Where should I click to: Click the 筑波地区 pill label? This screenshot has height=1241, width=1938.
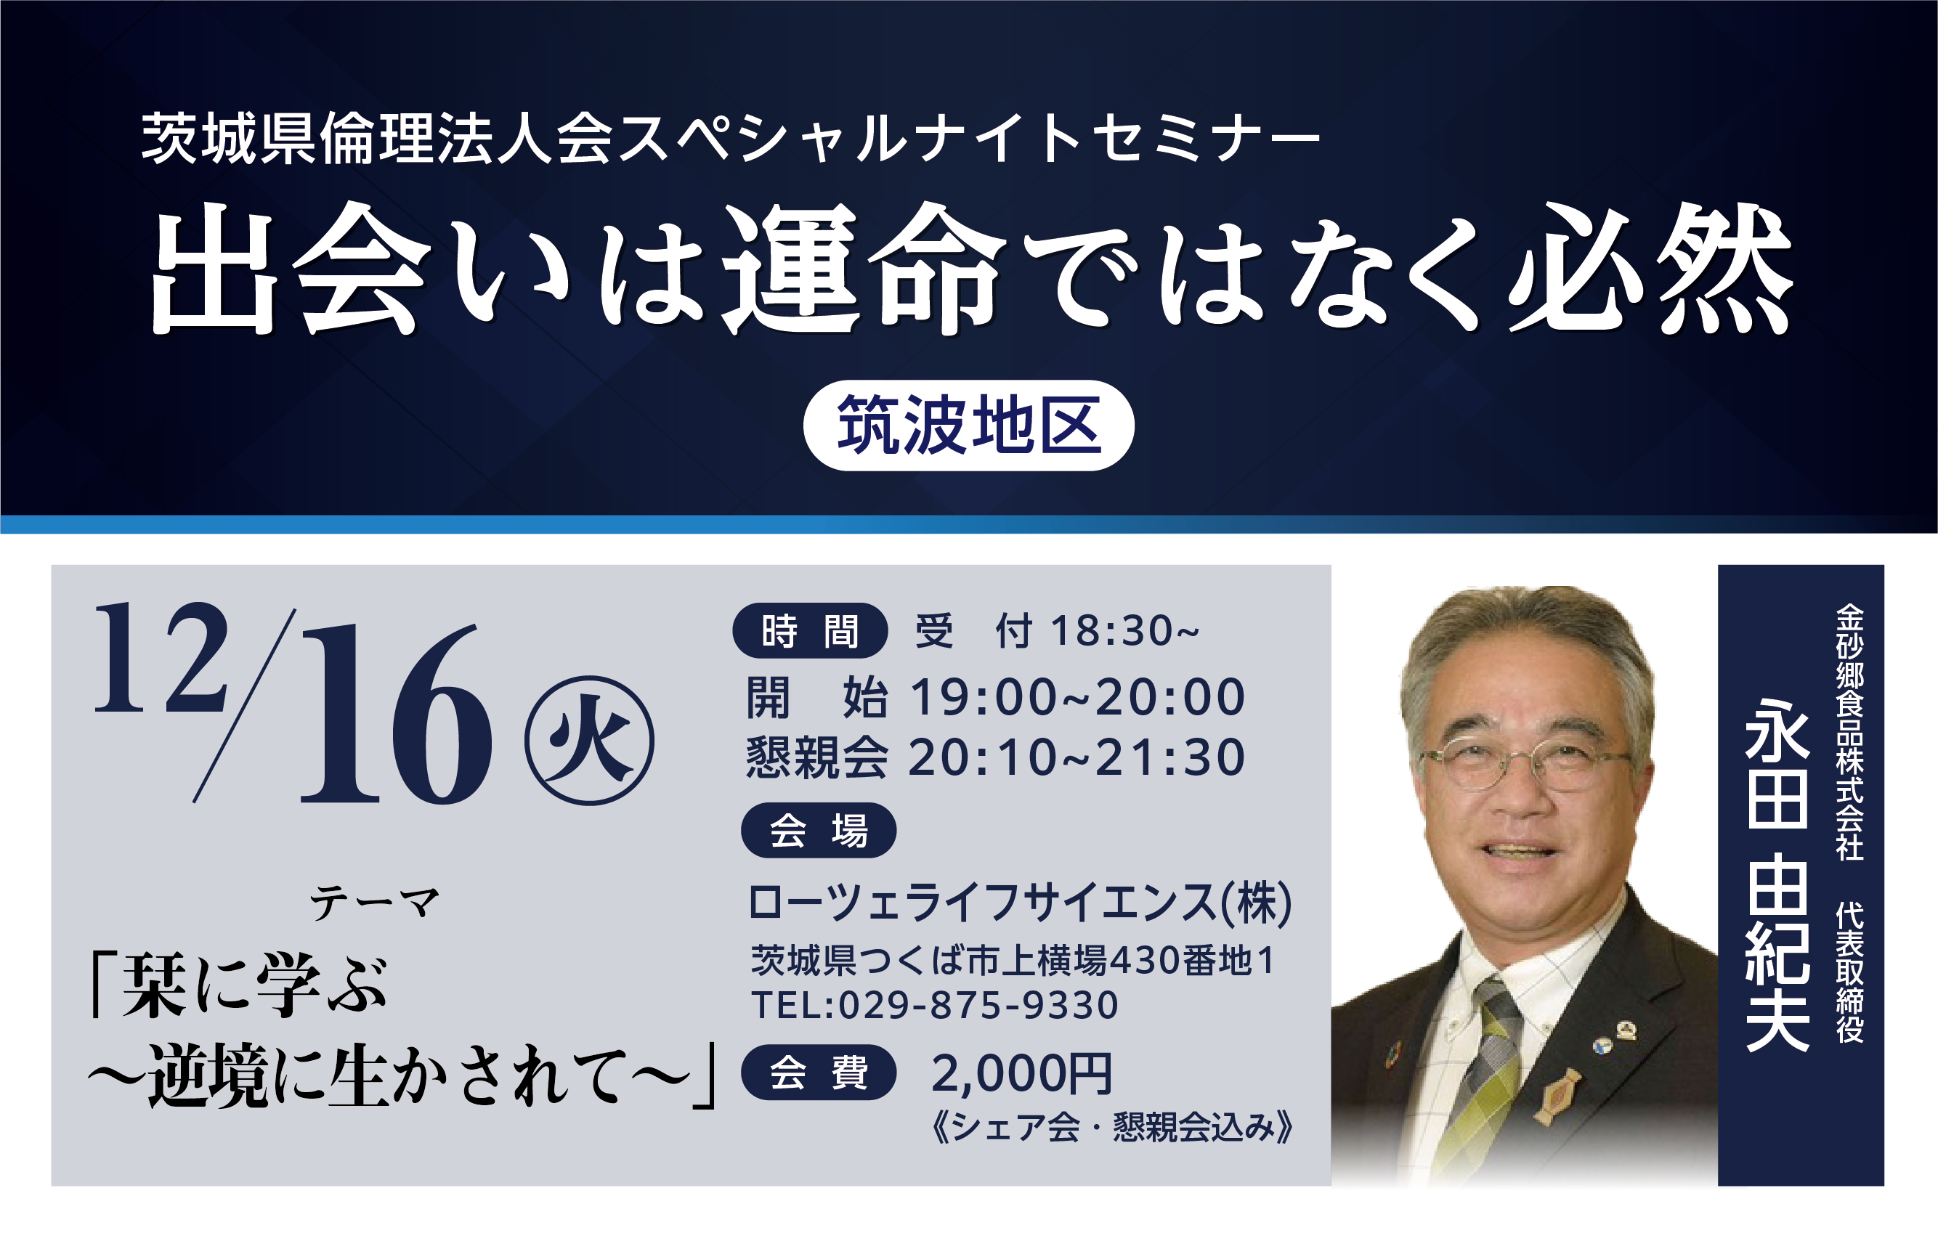click(x=968, y=426)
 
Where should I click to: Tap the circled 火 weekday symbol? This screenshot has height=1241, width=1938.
click(x=589, y=740)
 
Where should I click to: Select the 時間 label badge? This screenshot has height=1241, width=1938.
click(x=809, y=631)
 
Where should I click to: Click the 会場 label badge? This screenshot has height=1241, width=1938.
click(x=818, y=831)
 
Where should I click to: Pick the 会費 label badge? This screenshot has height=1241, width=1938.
click(x=818, y=1073)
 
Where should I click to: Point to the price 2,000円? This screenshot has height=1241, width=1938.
click(x=1021, y=1074)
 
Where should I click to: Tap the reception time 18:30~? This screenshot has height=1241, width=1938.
click(x=1124, y=630)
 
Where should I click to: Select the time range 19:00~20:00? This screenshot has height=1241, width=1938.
click(x=1078, y=697)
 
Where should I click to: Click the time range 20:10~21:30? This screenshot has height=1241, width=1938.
click(x=1077, y=757)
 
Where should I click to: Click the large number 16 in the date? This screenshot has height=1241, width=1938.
click(x=396, y=714)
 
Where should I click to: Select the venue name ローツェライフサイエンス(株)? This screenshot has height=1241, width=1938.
click(x=1021, y=903)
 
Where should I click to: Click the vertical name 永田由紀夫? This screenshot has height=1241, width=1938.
click(x=1777, y=876)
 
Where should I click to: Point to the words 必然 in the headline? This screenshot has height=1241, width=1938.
click(x=1650, y=269)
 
